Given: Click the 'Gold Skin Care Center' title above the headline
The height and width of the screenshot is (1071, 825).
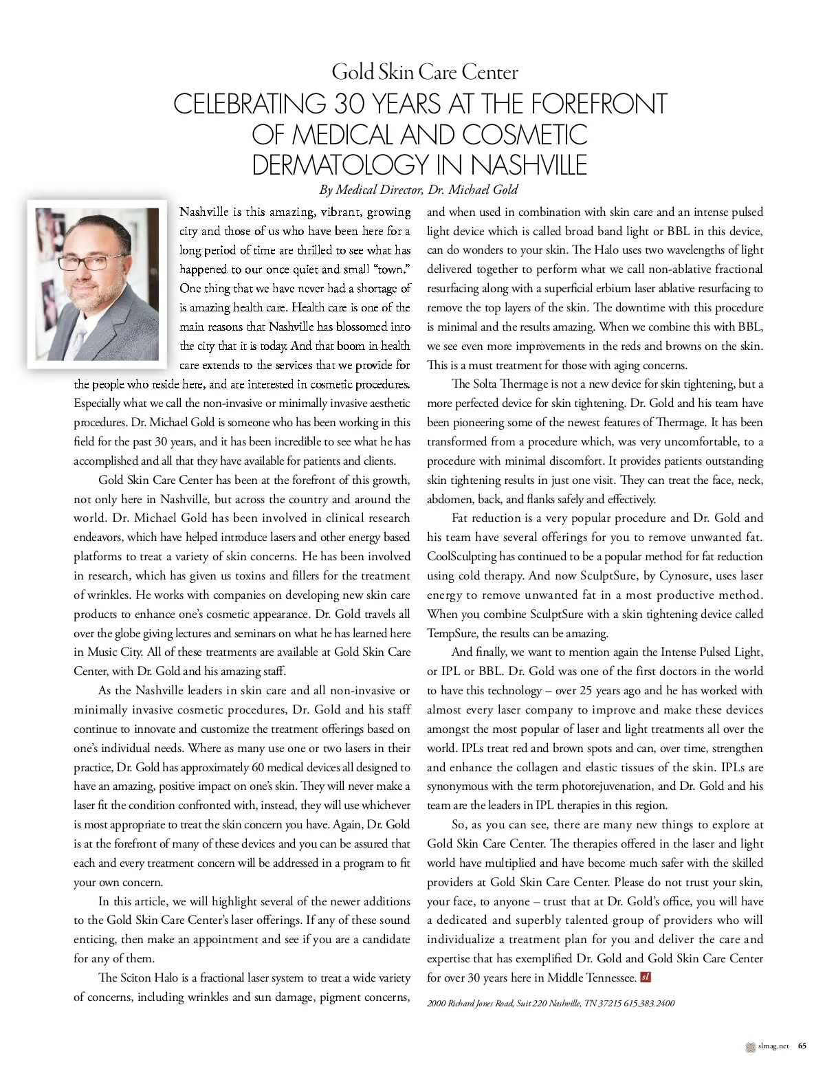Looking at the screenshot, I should (424, 72).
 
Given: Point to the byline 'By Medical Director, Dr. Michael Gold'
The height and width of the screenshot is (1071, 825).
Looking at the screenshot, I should (418, 190).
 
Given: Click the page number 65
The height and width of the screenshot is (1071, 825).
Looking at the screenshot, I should (802, 1047).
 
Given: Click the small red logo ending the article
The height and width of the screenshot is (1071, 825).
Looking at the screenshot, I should (645, 977).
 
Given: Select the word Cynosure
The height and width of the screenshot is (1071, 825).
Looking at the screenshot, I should (685, 575).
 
